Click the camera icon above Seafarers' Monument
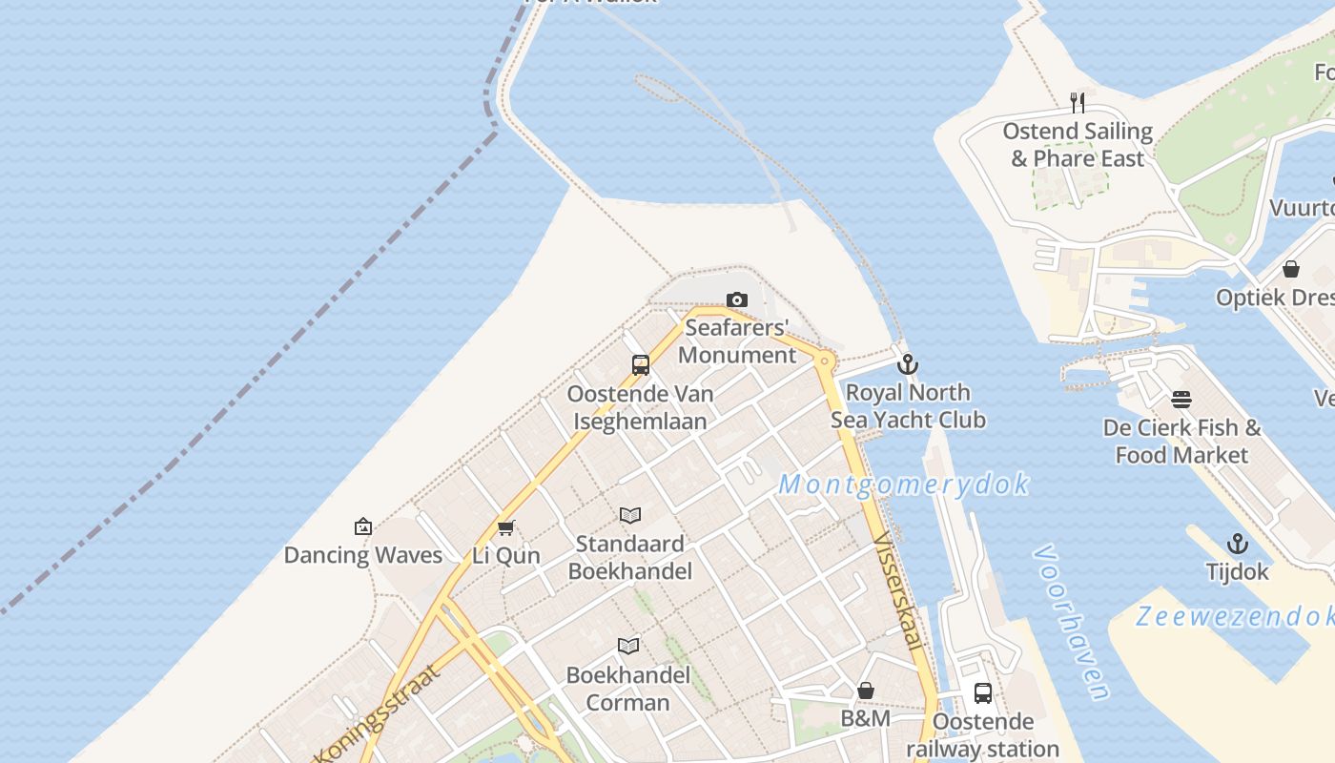click(736, 300)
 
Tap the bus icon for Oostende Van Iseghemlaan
click(641, 364)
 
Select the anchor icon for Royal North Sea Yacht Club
click(908, 364)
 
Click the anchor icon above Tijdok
click(1237, 544)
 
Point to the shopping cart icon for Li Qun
click(505, 527)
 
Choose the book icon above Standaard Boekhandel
click(629, 516)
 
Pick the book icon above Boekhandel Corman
click(627, 647)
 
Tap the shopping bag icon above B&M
click(866, 690)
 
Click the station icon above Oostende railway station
click(983, 693)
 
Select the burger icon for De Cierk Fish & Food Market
click(1181, 400)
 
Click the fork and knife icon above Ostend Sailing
click(1078, 102)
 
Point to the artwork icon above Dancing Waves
click(362, 526)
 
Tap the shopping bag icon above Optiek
click(1291, 269)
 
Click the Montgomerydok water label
click(903, 485)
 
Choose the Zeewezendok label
click(1235, 617)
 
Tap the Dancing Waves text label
click(363, 555)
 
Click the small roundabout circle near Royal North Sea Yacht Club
click(825, 361)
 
